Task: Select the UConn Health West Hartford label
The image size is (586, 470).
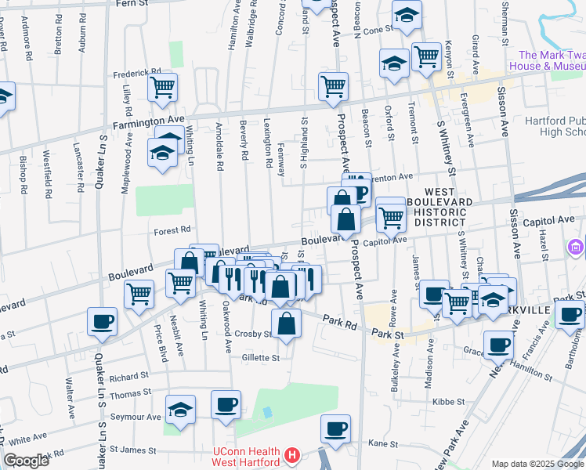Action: tap(247, 456)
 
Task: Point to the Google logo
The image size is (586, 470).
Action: tap(27, 461)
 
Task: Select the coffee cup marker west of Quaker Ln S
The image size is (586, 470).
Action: tap(102, 321)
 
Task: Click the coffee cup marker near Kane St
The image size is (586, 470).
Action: tap(335, 428)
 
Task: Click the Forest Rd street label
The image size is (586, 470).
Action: tap(173, 230)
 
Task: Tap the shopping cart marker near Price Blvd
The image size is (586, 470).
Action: tap(139, 295)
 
